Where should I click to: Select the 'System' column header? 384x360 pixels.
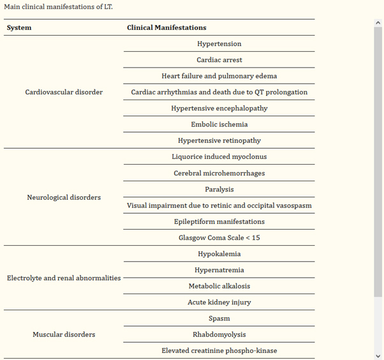[19, 27]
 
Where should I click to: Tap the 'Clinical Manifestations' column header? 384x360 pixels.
[166, 27]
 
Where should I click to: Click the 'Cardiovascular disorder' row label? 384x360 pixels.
[64, 92]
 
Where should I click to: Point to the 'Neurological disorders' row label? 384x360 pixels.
[64, 197]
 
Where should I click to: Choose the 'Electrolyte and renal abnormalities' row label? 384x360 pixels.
[64, 278]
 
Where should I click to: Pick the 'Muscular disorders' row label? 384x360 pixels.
[64, 334]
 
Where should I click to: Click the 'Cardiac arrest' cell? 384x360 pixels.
[219, 60]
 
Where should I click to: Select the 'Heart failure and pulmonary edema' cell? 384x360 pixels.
[219, 76]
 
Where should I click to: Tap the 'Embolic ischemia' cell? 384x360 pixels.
[219, 124]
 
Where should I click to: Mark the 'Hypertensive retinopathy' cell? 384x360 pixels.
[219, 140]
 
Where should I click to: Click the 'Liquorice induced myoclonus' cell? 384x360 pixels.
[219, 156]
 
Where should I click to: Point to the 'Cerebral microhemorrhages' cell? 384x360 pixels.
[219, 173]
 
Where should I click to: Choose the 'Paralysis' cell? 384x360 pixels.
[219, 189]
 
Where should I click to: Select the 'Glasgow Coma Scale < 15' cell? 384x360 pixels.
[219, 237]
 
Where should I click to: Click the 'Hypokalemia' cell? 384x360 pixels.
[219, 253]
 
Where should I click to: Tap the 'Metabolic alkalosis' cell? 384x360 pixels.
[219, 286]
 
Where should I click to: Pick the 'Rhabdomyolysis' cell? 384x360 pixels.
[219, 334]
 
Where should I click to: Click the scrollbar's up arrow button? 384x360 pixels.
[378, 23]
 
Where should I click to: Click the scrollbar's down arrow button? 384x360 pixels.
[378, 355]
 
